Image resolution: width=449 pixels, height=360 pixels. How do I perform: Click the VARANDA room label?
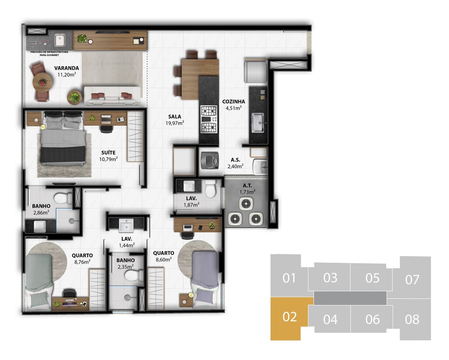coord(67,68)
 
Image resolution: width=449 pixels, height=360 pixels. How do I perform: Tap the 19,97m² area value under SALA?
coord(175,123)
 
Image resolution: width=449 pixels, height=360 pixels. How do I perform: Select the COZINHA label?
coord(234,101)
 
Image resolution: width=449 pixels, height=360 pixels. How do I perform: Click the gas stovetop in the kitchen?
coord(209,119)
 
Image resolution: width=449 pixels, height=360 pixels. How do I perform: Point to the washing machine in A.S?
coord(210,160)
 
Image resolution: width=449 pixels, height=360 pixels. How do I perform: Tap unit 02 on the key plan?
coord(289,317)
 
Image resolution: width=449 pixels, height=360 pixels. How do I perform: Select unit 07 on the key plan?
coord(412,279)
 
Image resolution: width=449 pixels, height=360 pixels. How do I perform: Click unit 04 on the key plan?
coord(330,319)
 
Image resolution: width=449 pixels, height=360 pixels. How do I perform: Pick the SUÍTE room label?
coord(109,153)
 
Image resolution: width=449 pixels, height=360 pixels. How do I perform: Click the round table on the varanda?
coord(43,82)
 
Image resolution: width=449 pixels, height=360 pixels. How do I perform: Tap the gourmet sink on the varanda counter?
coord(60,40)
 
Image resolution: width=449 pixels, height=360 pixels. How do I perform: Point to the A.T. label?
coord(247,185)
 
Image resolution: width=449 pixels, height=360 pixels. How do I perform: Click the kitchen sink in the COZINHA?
coord(258,123)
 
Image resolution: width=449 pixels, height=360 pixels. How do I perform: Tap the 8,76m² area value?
coord(82,262)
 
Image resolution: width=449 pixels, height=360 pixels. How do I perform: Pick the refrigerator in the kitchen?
coord(256,71)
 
